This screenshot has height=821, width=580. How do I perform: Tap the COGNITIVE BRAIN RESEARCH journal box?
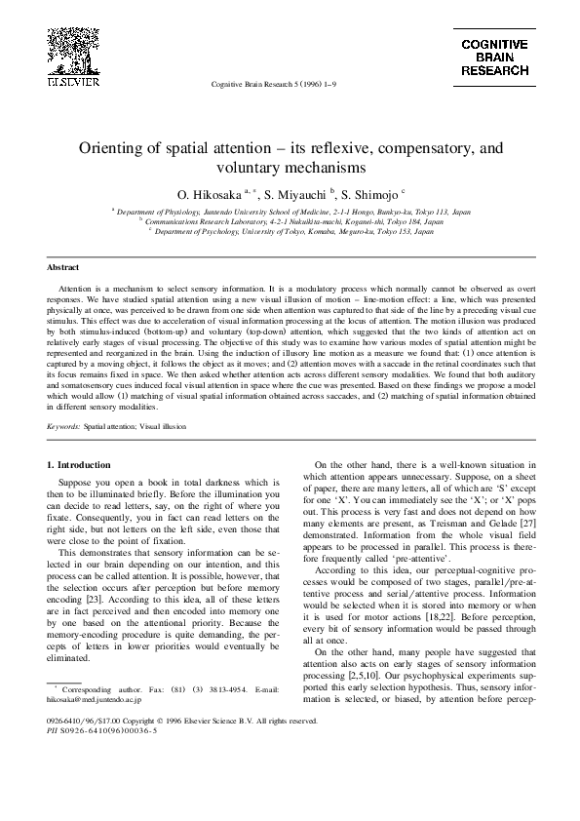pos(494,59)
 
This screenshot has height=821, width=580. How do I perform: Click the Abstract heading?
pos(63,266)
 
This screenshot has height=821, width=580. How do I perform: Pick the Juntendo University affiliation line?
pos(292,211)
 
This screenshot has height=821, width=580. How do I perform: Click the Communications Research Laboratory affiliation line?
pos(292,221)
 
